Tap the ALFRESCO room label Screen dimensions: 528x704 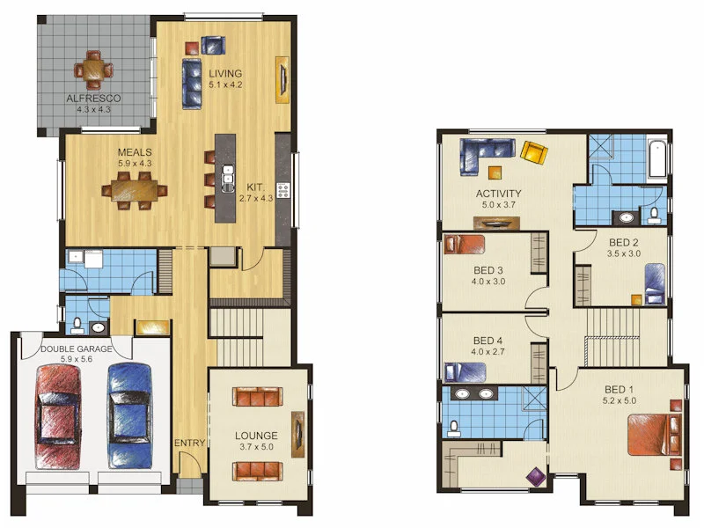(93, 99)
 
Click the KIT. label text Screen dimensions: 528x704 (255, 187)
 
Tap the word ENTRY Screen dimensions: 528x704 (189, 442)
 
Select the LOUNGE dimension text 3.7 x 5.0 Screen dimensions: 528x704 (256, 448)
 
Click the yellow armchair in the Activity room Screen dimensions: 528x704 (533, 152)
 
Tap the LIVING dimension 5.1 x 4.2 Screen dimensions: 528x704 (224, 85)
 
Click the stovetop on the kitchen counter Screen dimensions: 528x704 (283, 189)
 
